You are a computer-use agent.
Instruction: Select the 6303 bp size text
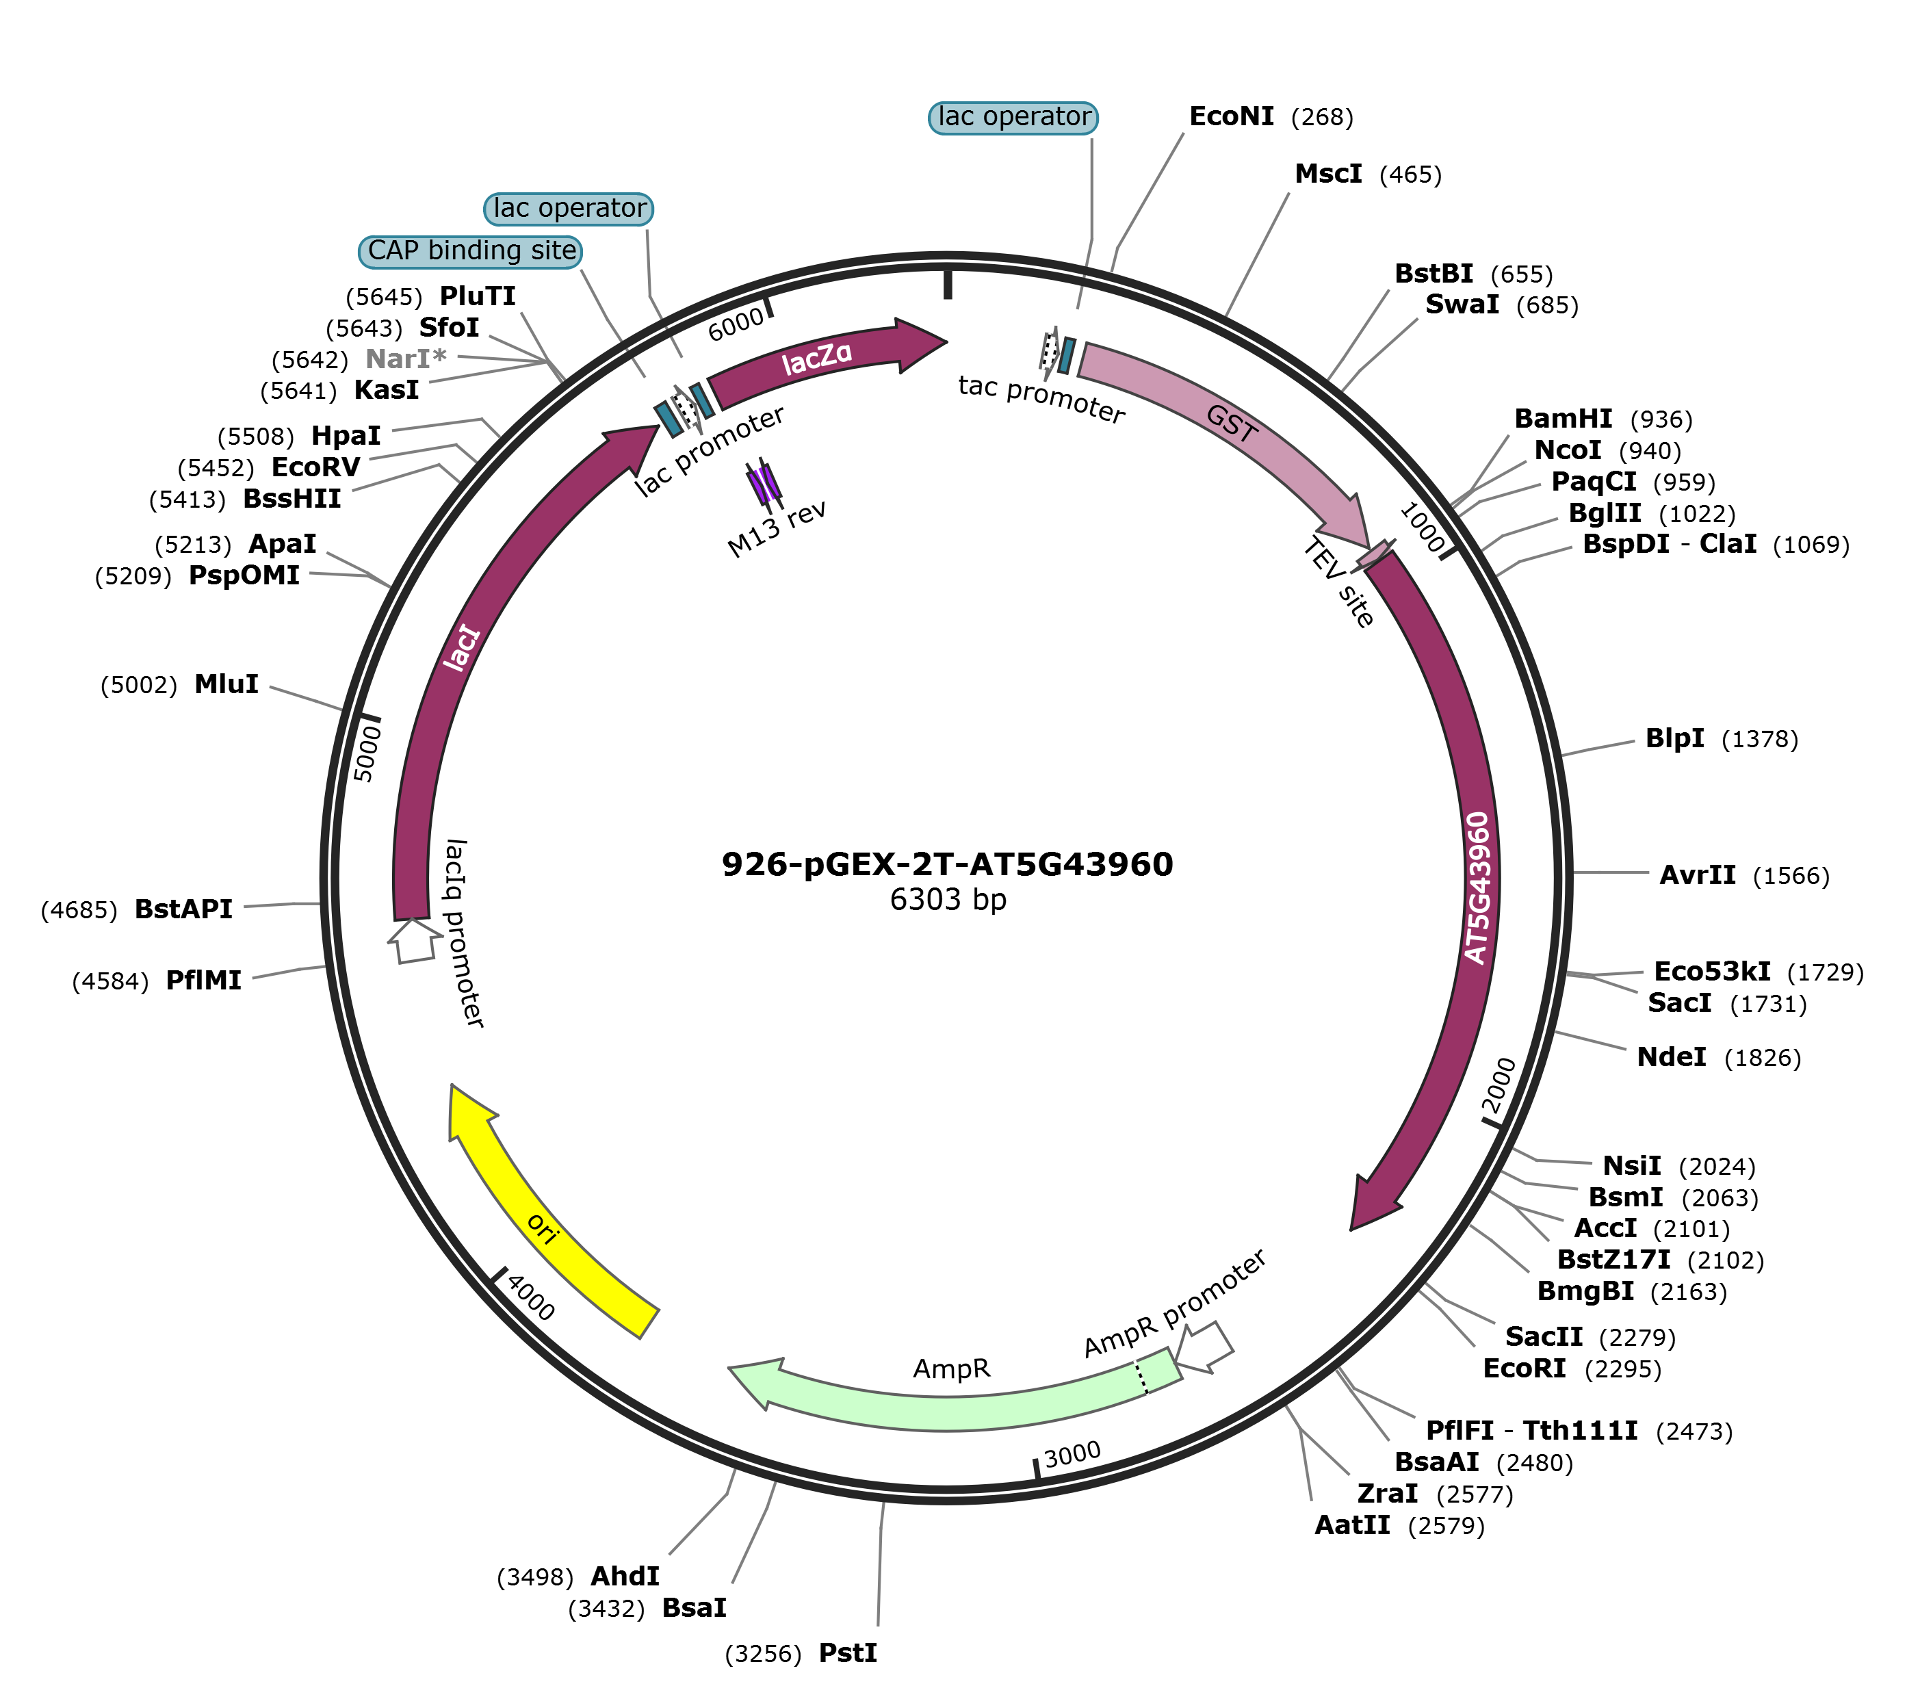coord(948,900)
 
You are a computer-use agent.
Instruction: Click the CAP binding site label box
coord(471,251)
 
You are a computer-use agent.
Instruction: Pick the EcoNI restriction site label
coord(1231,117)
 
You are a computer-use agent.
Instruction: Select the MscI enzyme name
coord(1327,174)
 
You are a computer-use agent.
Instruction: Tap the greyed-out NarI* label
coord(405,359)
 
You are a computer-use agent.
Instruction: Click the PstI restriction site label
coord(848,1653)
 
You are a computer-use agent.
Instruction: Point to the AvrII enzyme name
coord(1697,876)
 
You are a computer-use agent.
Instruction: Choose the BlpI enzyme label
coord(1674,738)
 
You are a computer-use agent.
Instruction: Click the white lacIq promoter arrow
coord(413,941)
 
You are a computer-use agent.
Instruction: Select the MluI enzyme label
coord(226,684)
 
